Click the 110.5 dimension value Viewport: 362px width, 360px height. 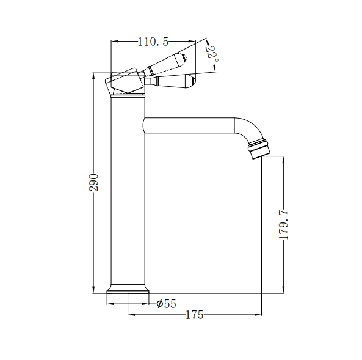[153, 42]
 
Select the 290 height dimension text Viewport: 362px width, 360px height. [93, 182]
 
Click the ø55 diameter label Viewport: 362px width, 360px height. [166, 303]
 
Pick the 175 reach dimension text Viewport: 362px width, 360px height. [194, 315]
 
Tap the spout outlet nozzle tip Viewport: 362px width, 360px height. [259, 150]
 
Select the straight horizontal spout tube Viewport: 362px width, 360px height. [189, 125]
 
